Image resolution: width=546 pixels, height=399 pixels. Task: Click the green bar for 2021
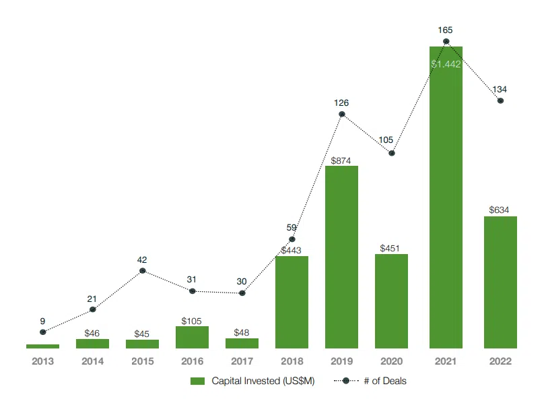[x=446, y=197]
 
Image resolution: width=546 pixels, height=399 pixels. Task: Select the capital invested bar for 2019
[x=341, y=257]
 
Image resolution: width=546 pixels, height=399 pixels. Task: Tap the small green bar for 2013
[x=43, y=346]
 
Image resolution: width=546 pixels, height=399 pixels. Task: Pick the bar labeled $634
[x=500, y=282]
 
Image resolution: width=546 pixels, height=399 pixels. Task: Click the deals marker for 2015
[x=143, y=271]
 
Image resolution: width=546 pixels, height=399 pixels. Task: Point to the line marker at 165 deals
[x=446, y=42]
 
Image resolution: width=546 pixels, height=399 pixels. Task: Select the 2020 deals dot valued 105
[x=392, y=153]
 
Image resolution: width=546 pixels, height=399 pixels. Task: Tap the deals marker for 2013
[x=43, y=332]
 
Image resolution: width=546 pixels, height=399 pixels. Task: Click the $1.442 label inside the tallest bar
[x=446, y=64]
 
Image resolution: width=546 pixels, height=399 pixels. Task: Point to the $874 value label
[x=341, y=160]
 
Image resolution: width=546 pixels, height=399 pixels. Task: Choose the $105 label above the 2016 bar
[x=191, y=321]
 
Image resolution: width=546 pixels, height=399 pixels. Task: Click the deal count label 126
[x=341, y=103]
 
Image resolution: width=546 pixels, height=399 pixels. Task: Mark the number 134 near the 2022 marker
[x=500, y=89]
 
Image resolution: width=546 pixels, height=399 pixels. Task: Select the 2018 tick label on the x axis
[x=292, y=361]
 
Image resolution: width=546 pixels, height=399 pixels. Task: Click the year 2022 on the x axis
[x=500, y=361]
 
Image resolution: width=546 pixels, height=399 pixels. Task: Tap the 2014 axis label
[x=93, y=361]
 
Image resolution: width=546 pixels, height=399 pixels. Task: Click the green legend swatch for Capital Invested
[x=197, y=381]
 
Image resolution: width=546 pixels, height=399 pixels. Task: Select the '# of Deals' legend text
[x=385, y=381]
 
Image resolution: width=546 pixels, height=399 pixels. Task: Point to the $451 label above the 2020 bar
[x=390, y=249]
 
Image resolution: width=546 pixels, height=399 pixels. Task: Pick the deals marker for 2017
[x=242, y=293]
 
